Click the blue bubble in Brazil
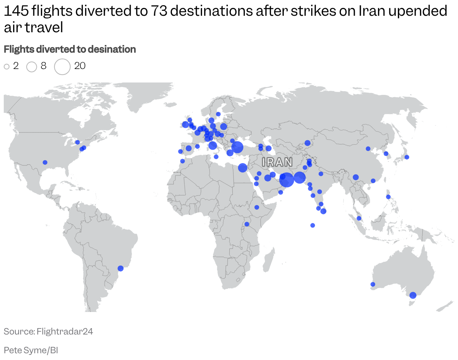(x=121, y=268)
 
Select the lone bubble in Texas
(x=45, y=162)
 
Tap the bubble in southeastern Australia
(x=413, y=295)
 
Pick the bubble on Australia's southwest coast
(x=373, y=284)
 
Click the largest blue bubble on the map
(x=286, y=180)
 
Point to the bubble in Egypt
(x=243, y=168)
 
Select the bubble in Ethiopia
(x=257, y=207)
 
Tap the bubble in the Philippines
(x=388, y=197)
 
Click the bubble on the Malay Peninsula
(x=359, y=218)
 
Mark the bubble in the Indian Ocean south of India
(x=312, y=225)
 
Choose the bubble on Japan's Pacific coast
(x=407, y=157)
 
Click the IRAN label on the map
(x=277, y=162)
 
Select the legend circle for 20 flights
(x=62, y=66)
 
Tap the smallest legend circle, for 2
(x=6, y=67)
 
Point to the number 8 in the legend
(x=44, y=66)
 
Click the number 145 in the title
(x=16, y=11)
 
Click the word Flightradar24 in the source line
(x=65, y=331)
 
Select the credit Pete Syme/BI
(x=31, y=350)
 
